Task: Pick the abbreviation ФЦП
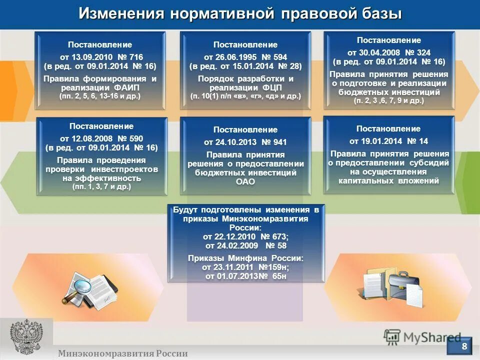(263, 87)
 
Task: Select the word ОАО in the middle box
(245, 181)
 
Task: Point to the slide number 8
(464, 345)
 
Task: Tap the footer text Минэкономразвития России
(123, 353)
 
